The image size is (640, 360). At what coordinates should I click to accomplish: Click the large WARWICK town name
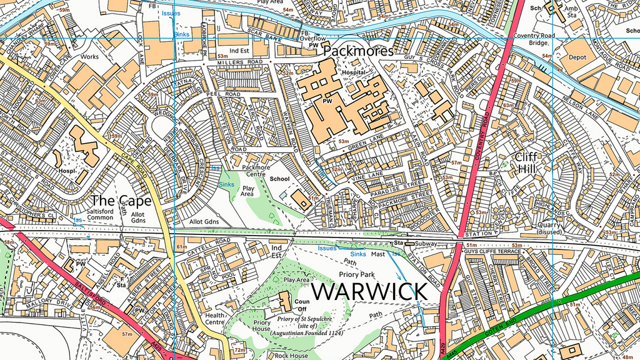(369, 291)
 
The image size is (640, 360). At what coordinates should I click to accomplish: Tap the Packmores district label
(359, 51)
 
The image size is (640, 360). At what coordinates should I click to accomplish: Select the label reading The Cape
(121, 201)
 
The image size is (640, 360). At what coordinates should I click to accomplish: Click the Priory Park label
(356, 274)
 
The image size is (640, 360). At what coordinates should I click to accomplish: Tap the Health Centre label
(214, 319)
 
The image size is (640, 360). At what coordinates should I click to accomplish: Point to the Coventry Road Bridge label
(534, 39)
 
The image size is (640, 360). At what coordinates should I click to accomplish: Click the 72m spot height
(239, 350)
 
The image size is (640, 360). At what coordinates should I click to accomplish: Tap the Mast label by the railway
(378, 254)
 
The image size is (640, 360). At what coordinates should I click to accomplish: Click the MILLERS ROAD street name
(240, 63)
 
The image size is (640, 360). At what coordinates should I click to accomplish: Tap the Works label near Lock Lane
(89, 56)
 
